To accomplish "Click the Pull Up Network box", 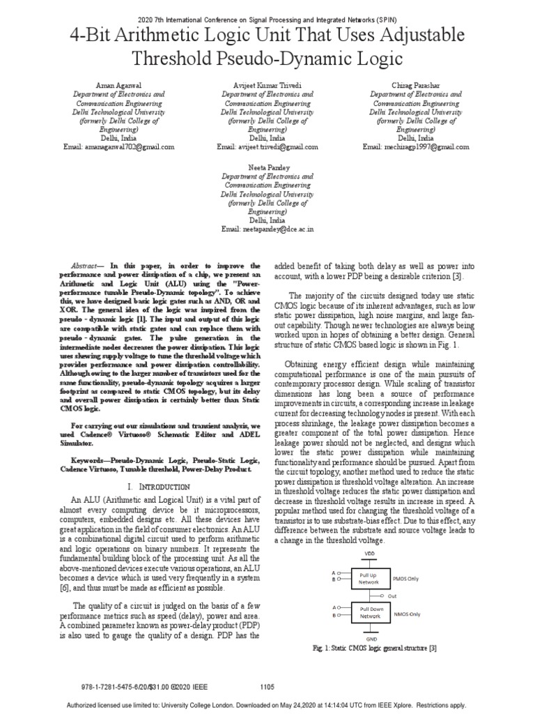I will point(369,577).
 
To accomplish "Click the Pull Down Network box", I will point(370,613).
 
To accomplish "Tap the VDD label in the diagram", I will point(370,554).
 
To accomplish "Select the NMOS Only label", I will point(407,614).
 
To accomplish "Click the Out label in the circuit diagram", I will point(392,596).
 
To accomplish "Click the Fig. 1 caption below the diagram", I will point(375,648).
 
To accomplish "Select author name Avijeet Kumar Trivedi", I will point(267,84).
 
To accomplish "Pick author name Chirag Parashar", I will point(416,84).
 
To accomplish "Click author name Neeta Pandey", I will point(267,168).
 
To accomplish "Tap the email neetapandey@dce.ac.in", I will point(267,229).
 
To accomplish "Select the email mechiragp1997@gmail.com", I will point(416,147).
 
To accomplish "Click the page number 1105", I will point(267,687).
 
